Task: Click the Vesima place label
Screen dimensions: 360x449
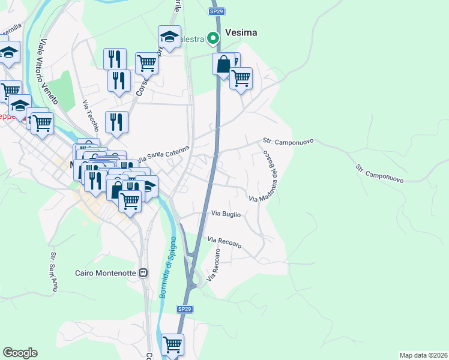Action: pyautogui.click(x=241, y=33)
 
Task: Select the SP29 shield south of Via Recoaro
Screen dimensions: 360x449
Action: pyautogui.click(x=184, y=308)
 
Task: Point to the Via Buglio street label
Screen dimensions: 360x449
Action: pyautogui.click(x=226, y=214)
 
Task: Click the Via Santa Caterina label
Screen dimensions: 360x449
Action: pyautogui.click(x=163, y=154)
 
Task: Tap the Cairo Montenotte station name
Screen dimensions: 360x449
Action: pyautogui.click(x=106, y=273)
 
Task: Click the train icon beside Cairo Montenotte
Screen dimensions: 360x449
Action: pyautogui.click(x=143, y=273)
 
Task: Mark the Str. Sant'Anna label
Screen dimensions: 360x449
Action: pyautogui.click(x=53, y=272)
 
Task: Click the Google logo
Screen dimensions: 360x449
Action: pyautogui.click(x=20, y=353)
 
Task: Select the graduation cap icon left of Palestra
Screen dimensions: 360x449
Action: pyautogui.click(x=170, y=37)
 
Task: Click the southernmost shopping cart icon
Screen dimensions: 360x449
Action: pyautogui.click(x=172, y=344)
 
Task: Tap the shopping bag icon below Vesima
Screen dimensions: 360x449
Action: pyautogui.click(x=223, y=64)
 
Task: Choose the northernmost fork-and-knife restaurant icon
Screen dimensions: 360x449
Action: pyautogui.click(x=115, y=59)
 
